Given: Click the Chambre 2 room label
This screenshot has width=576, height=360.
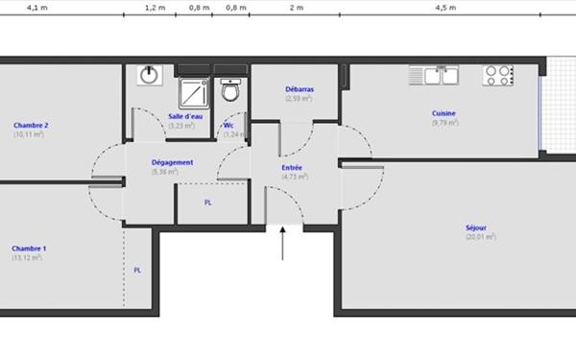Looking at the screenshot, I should [31, 126].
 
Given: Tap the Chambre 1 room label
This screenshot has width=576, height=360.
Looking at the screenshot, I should [30, 249].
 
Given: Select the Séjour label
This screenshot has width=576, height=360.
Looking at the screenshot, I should [475, 228].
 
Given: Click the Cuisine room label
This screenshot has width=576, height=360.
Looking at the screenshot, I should [444, 113].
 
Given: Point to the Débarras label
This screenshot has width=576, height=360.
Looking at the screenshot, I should [299, 89].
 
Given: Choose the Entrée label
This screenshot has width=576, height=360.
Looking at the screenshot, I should [293, 168].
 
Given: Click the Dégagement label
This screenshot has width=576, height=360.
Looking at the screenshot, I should [172, 162].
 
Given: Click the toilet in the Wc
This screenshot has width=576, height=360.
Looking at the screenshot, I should [230, 91].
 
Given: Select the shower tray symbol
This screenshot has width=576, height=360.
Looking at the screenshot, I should [195, 91].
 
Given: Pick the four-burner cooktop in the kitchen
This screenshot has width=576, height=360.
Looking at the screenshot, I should [498, 75].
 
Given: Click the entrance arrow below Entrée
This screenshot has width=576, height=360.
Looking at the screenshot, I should [283, 243].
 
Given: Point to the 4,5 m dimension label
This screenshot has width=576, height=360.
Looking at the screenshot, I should [444, 7].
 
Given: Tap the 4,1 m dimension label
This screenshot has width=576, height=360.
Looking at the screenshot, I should [36, 7].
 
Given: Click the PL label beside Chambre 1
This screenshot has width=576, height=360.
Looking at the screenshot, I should [137, 270].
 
